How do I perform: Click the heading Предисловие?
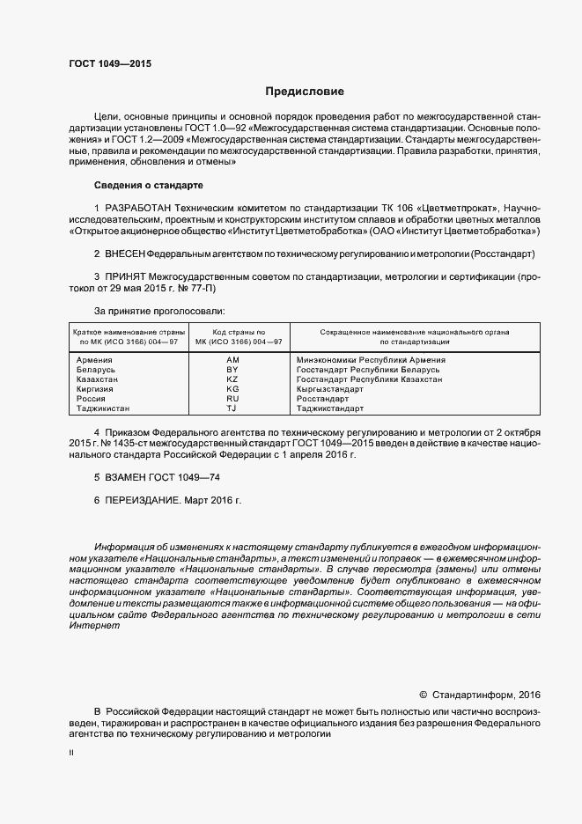(305, 92)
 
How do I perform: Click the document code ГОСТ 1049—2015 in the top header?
(109, 64)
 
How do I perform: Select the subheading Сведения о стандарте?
(148, 186)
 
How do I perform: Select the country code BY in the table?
(232, 370)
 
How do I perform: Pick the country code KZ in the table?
(232, 379)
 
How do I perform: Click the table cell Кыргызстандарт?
(330, 389)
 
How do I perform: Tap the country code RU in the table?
(232, 399)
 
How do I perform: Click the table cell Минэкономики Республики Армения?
(371, 360)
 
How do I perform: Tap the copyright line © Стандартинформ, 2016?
(481, 695)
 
